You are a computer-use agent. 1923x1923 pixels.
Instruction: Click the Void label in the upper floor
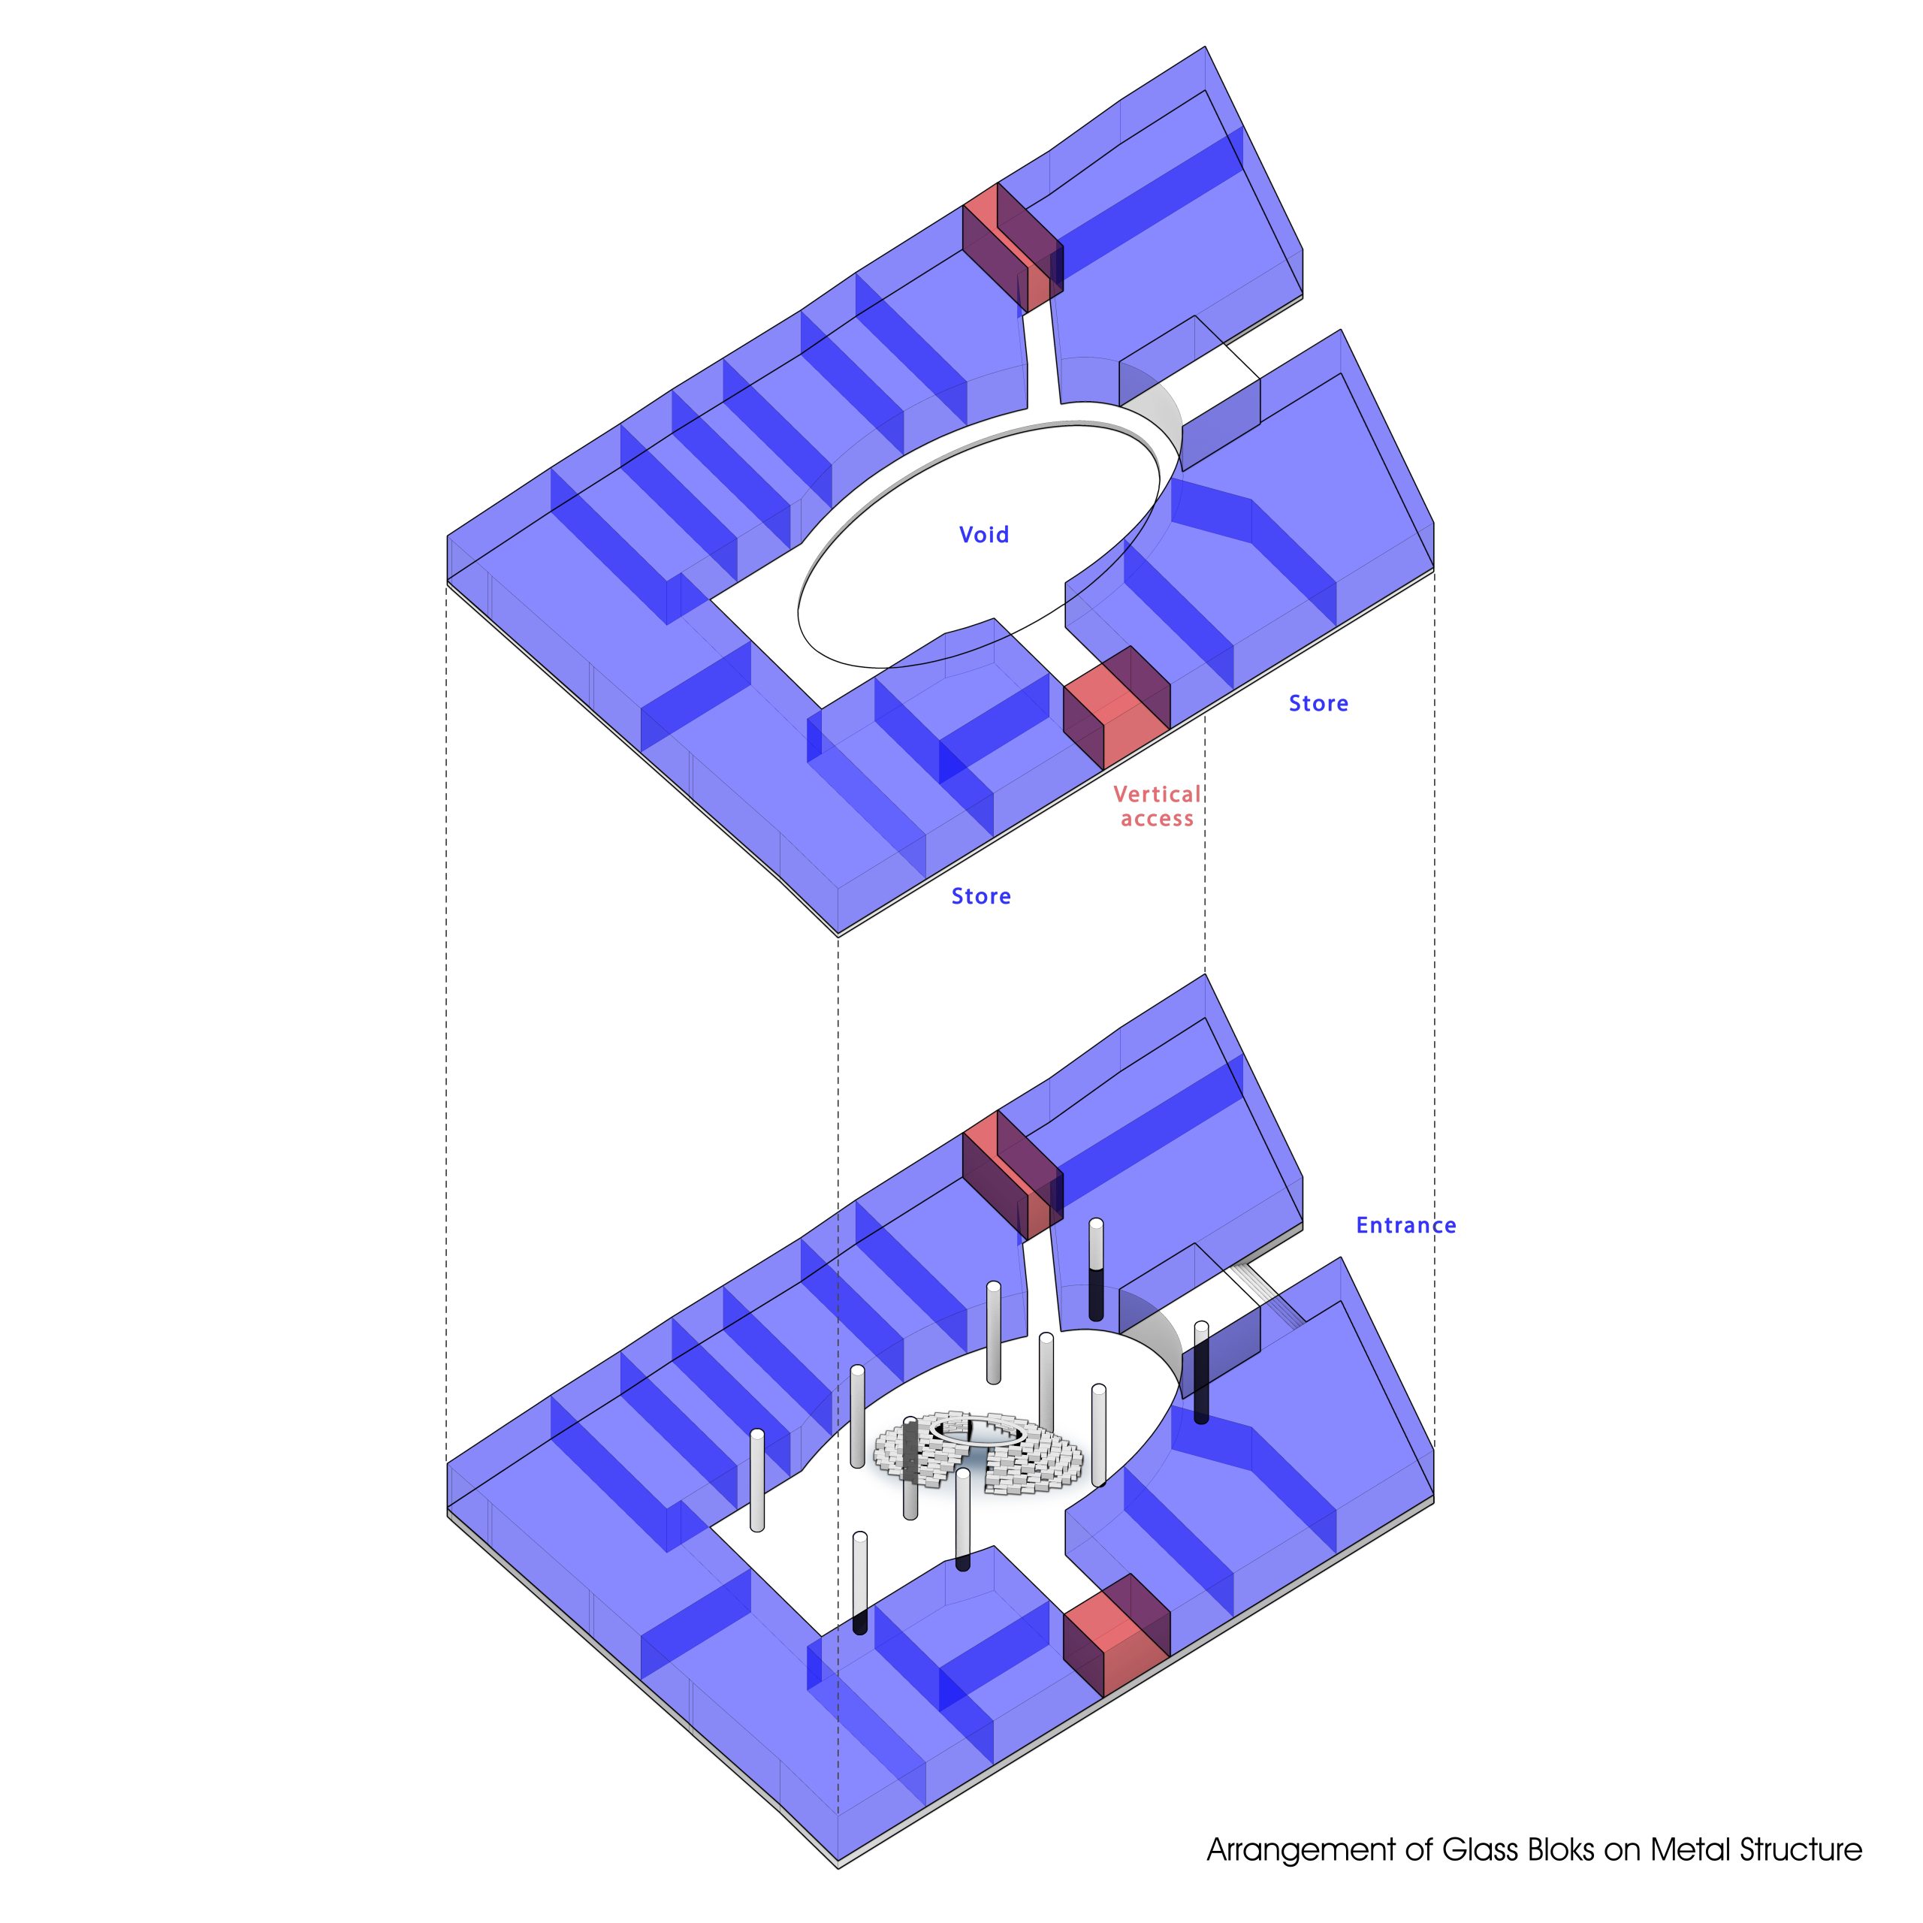pyautogui.click(x=983, y=535)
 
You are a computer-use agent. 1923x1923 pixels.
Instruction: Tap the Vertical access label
pyautogui.click(x=1157, y=806)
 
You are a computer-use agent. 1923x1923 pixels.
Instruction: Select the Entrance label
pyautogui.click(x=1405, y=1225)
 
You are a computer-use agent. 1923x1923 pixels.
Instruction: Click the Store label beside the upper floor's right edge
pyautogui.click(x=1318, y=704)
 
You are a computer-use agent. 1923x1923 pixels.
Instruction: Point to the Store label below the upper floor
pyautogui.click(x=980, y=896)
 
